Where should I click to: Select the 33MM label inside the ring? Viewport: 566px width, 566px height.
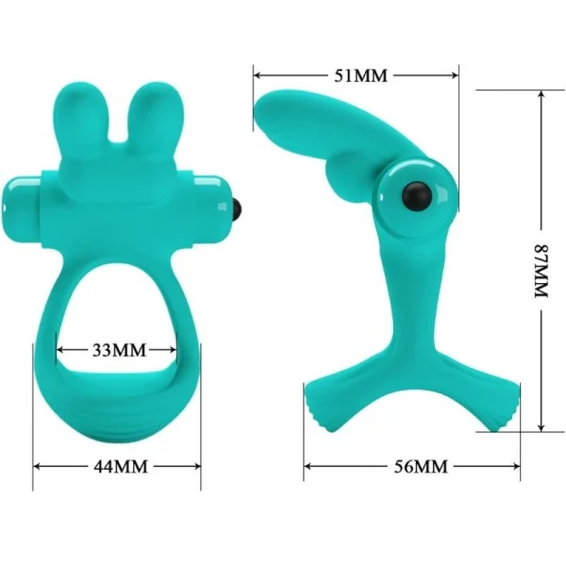[x=119, y=350]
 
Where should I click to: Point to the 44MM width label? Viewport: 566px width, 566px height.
[x=118, y=466]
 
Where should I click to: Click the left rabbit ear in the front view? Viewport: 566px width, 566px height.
[x=92, y=119]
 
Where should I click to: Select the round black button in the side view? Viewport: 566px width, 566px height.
[x=414, y=195]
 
